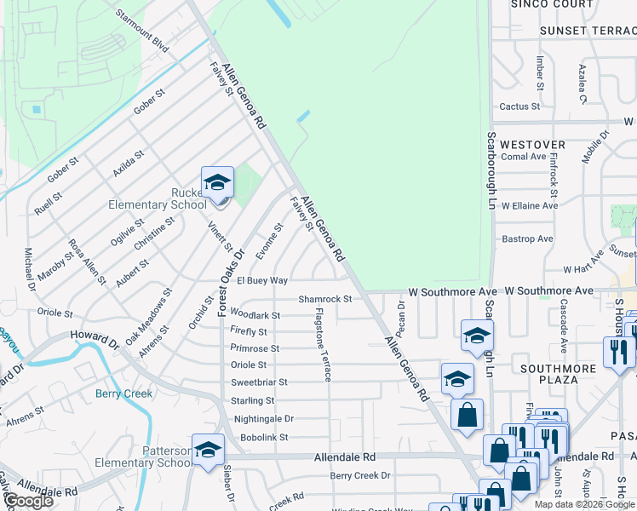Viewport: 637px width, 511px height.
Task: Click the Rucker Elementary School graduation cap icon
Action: point(217,182)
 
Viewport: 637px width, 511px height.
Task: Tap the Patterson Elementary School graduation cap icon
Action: point(208,451)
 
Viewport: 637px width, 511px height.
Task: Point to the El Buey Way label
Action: point(261,280)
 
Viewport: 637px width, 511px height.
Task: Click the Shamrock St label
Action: point(324,299)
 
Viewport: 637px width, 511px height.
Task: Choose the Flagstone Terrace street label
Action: point(323,345)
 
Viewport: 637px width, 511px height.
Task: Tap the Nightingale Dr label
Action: point(263,419)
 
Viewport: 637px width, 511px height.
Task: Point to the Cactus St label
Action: point(519,106)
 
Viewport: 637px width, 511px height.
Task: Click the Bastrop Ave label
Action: point(528,239)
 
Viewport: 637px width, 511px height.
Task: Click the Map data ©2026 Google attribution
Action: point(584,504)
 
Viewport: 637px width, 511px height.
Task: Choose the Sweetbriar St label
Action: point(259,382)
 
